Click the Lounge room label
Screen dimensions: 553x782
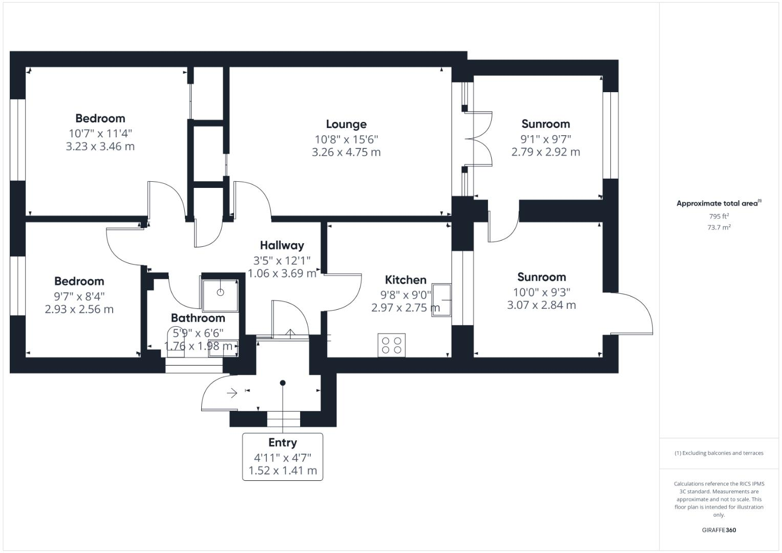(x=346, y=124)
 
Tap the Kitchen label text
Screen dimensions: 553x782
(x=406, y=280)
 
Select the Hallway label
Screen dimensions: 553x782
(x=282, y=246)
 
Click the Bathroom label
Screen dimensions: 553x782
(x=198, y=318)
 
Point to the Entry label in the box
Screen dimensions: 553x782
(x=282, y=443)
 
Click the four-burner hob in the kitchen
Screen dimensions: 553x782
(x=392, y=345)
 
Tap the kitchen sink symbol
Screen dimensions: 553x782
(x=442, y=300)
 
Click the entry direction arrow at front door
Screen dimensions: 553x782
(x=232, y=393)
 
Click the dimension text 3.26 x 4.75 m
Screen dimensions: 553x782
(x=346, y=153)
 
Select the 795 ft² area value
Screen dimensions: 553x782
(x=718, y=217)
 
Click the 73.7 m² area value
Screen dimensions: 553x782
(x=718, y=228)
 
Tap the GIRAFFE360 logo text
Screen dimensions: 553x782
(x=718, y=530)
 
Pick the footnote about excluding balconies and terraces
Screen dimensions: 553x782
(x=718, y=453)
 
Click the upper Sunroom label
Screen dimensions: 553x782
(x=545, y=124)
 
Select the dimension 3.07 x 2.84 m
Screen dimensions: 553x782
(x=541, y=306)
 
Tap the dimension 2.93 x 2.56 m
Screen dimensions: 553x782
(x=79, y=310)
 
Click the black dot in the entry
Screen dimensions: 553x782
(x=283, y=383)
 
